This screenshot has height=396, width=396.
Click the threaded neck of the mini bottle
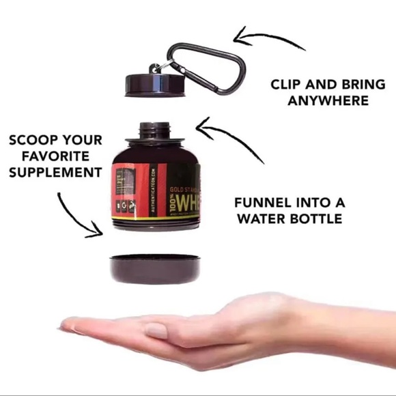tap(156, 130)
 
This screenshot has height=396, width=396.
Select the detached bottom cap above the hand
tap(156, 268)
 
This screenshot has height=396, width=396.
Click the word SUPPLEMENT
tap(55, 172)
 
